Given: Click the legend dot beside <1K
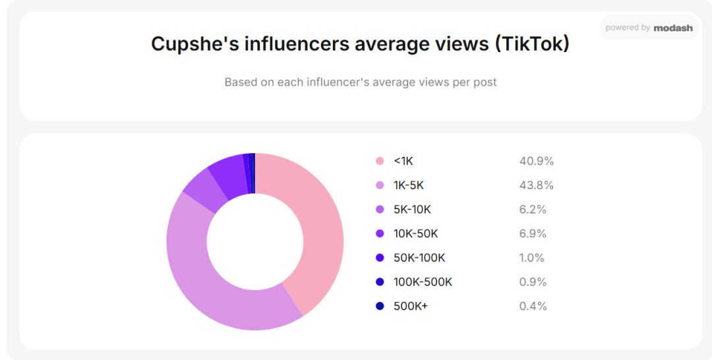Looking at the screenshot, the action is (380, 161).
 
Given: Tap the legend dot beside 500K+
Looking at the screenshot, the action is (380, 306).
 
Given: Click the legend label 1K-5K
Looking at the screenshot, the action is (409, 185).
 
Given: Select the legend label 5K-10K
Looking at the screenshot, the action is (412, 209).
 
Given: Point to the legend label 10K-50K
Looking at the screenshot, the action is (416, 233).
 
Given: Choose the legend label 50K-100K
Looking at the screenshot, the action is (419, 257).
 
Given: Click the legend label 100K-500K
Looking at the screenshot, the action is (423, 282).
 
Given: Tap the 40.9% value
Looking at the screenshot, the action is (537, 161).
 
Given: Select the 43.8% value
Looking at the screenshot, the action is (537, 185).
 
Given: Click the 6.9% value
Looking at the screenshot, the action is (533, 233).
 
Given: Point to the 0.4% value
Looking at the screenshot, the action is (533, 306).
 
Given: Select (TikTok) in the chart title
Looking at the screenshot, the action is (532, 44).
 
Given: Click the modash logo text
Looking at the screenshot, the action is (673, 28).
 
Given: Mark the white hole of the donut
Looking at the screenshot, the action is (255, 242).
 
